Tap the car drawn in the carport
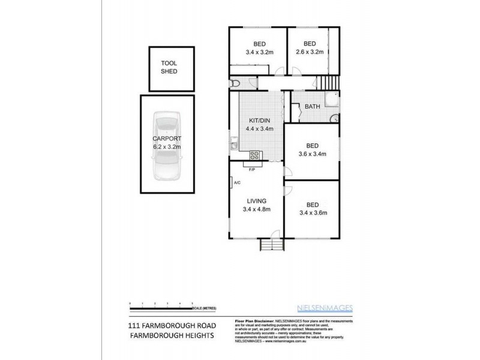[167, 146]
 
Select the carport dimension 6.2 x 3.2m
[167, 145]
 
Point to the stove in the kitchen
[254, 155]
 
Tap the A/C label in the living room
[237, 182]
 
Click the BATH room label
[312, 107]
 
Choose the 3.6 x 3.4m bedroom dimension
[312, 154]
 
